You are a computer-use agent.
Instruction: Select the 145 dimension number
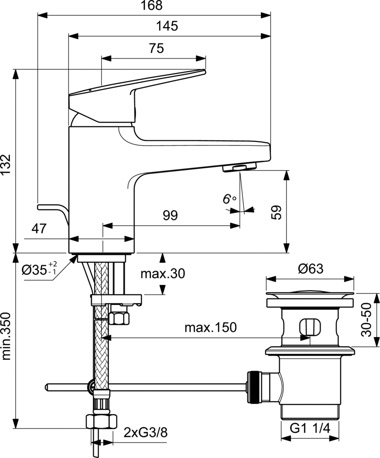click(x=168, y=26)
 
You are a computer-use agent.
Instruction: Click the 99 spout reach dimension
click(x=170, y=216)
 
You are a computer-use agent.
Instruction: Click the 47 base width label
click(x=39, y=229)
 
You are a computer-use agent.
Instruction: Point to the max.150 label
click(x=210, y=328)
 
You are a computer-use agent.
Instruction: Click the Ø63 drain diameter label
click(x=310, y=269)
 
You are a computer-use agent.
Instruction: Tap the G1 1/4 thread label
click(x=310, y=428)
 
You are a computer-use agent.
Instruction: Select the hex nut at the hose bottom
click(x=101, y=421)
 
